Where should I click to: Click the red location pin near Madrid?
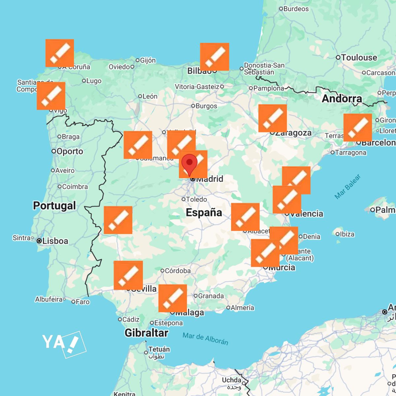(189, 163)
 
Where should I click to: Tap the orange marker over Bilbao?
(214, 56)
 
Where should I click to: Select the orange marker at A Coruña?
(60, 53)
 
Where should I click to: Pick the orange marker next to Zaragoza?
(273, 118)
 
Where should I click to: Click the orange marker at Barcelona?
(358, 127)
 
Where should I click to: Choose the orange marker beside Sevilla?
(128, 275)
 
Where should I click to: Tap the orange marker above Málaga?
(173, 298)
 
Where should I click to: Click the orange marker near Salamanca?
(138, 145)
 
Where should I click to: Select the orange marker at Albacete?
(245, 217)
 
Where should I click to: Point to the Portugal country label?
(54, 206)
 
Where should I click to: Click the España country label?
(204, 212)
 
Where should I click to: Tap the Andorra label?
(342, 98)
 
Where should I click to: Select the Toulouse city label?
(359, 57)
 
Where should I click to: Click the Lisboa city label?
(55, 241)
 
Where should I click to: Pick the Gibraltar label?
(146, 333)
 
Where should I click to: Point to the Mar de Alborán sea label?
(205, 339)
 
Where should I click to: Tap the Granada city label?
(211, 296)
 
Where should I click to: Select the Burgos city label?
(206, 106)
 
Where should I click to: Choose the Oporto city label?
(70, 151)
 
